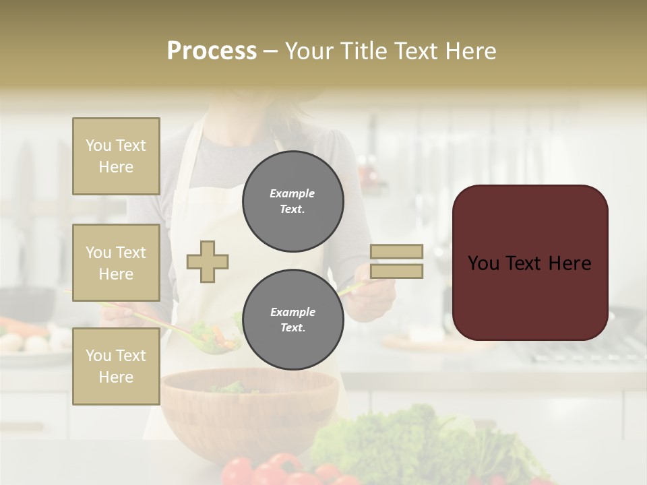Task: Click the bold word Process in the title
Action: pyautogui.click(x=212, y=51)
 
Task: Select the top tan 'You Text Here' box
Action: pyautogui.click(x=116, y=156)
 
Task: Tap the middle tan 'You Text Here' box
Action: pyautogui.click(x=116, y=263)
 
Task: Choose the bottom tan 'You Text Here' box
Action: pyautogui.click(x=116, y=366)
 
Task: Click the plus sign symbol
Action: pyautogui.click(x=208, y=262)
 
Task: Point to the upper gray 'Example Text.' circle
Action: pyautogui.click(x=292, y=201)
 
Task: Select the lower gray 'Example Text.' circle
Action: pyautogui.click(x=292, y=320)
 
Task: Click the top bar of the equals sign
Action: pyautogui.click(x=396, y=252)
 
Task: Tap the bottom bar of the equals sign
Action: pyautogui.click(x=396, y=271)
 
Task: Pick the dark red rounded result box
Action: pyautogui.click(x=530, y=263)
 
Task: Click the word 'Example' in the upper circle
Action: pyautogui.click(x=292, y=193)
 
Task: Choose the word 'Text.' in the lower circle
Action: pyautogui.click(x=292, y=328)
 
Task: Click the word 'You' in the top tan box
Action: pyautogui.click(x=98, y=145)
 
